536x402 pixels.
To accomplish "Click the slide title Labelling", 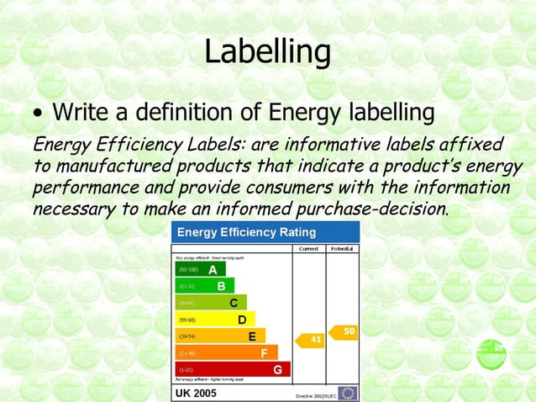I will pos(267,52).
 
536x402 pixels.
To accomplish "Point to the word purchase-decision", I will pos(370,207).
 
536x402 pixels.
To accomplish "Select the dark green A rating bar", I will pos(200,269).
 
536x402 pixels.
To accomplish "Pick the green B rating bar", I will pos(205,286).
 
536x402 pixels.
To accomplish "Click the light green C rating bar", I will pos(211,303).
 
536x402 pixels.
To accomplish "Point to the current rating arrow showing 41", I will pos(313,340).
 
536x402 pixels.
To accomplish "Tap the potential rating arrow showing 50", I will pos(345,332).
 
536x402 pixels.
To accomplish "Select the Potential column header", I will pos(342,249).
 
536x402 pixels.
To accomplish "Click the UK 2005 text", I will pos(195,393).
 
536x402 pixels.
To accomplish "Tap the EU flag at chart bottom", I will pos(348,393).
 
